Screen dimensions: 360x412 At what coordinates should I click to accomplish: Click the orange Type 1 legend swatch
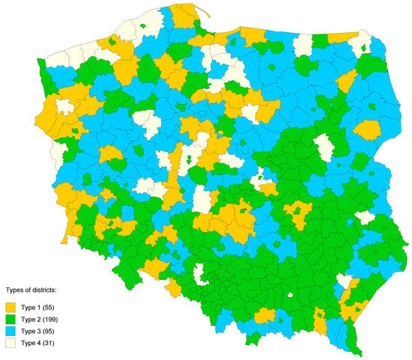(10, 308)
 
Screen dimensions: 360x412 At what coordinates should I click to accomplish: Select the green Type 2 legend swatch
(10, 320)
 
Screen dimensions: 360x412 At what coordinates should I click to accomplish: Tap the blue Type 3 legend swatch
(10, 332)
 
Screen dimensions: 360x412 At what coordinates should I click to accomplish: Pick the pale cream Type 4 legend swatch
(10, 344)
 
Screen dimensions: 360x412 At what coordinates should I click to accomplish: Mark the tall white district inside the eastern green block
(324, 147)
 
